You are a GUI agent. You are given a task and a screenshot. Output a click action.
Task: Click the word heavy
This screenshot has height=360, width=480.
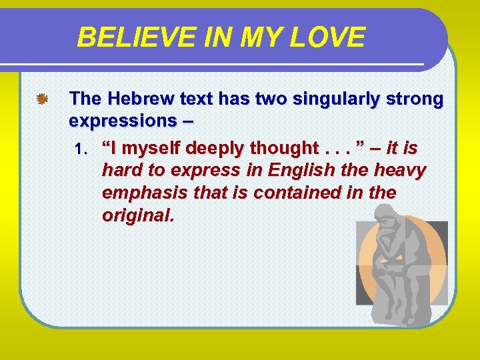[x=401, y=171]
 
